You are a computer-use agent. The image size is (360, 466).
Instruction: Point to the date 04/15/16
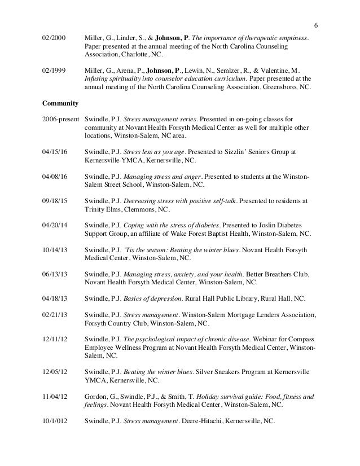tap(55, 152)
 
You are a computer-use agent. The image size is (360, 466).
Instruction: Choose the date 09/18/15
tap(55, 200)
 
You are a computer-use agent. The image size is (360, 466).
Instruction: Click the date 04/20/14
tap(55, 224)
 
